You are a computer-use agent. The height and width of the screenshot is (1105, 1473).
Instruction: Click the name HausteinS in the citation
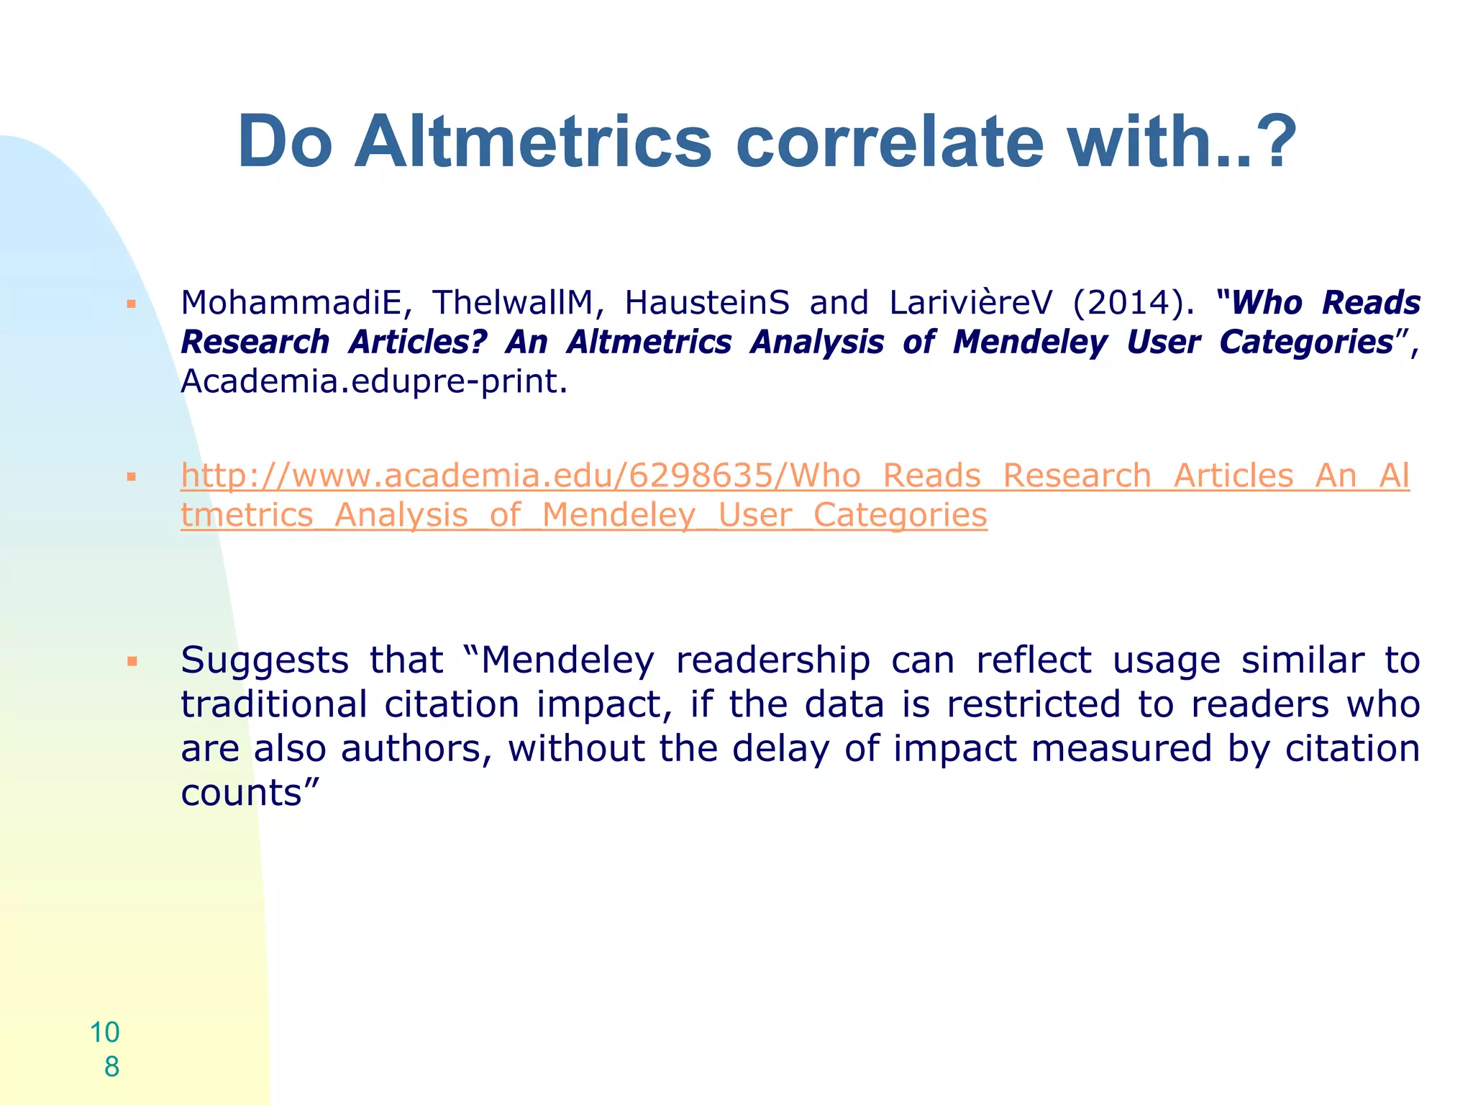pos(707,303)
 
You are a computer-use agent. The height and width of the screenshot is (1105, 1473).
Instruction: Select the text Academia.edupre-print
pos(373,381)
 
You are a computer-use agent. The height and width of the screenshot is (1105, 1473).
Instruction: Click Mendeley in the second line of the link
pos(619,515)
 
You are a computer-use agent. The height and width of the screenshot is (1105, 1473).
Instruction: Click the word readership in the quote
pos(773,660)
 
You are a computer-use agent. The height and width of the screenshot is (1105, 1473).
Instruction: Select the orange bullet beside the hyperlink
pos(131,476)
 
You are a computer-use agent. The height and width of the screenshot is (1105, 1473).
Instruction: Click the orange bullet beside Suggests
pos(131,660)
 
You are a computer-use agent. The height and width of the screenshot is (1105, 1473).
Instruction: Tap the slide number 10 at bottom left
pos(105,1032)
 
